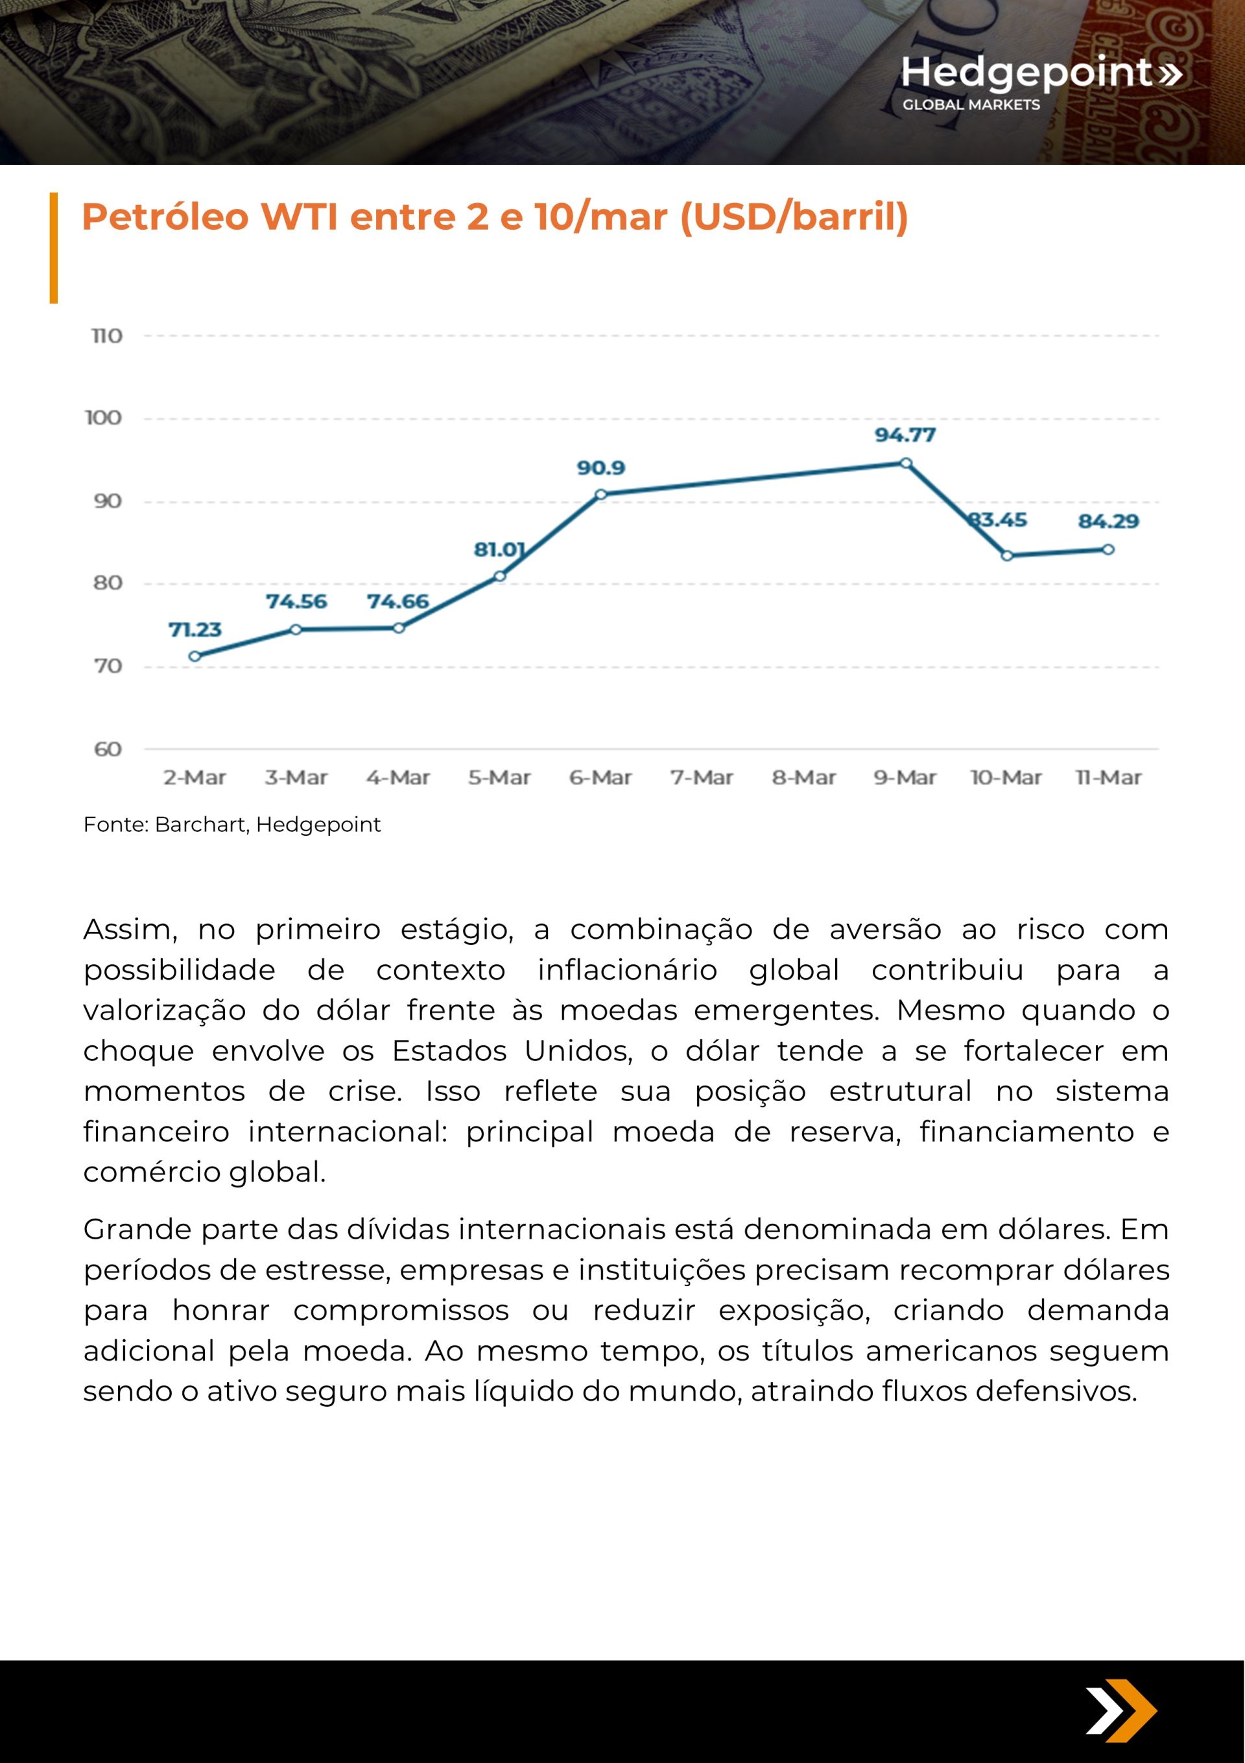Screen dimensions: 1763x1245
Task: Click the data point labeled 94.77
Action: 906,463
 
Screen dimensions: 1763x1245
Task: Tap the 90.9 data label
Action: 601,468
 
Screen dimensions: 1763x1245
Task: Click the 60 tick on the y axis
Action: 108,749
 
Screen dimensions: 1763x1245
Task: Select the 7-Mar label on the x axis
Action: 702,778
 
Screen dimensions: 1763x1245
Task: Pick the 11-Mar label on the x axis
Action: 1108,778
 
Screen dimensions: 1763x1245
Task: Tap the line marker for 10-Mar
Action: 1007,556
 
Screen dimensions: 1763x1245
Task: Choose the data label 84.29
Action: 1108,522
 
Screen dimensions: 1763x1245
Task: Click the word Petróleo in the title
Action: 165,217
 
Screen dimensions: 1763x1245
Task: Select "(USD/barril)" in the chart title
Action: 794,217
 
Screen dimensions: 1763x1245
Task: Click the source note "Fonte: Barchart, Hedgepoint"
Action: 231,825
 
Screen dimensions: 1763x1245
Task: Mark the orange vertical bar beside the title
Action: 54,247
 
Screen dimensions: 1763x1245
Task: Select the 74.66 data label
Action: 397,602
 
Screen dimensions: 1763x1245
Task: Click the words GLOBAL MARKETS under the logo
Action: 971,104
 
